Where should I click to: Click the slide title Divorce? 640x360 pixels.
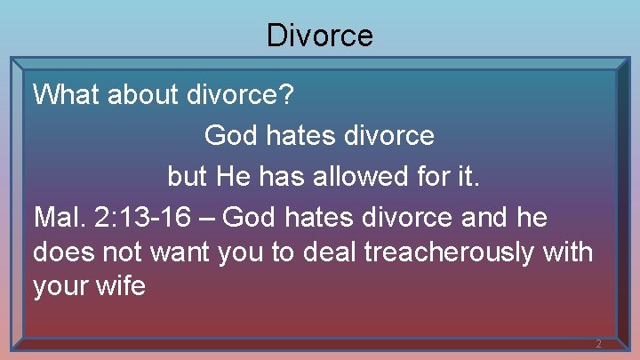pos(320,36)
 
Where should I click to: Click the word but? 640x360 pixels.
pos(187,176)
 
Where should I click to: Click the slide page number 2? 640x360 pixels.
pos(598,344)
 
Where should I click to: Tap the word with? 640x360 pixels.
pos(564,252)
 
